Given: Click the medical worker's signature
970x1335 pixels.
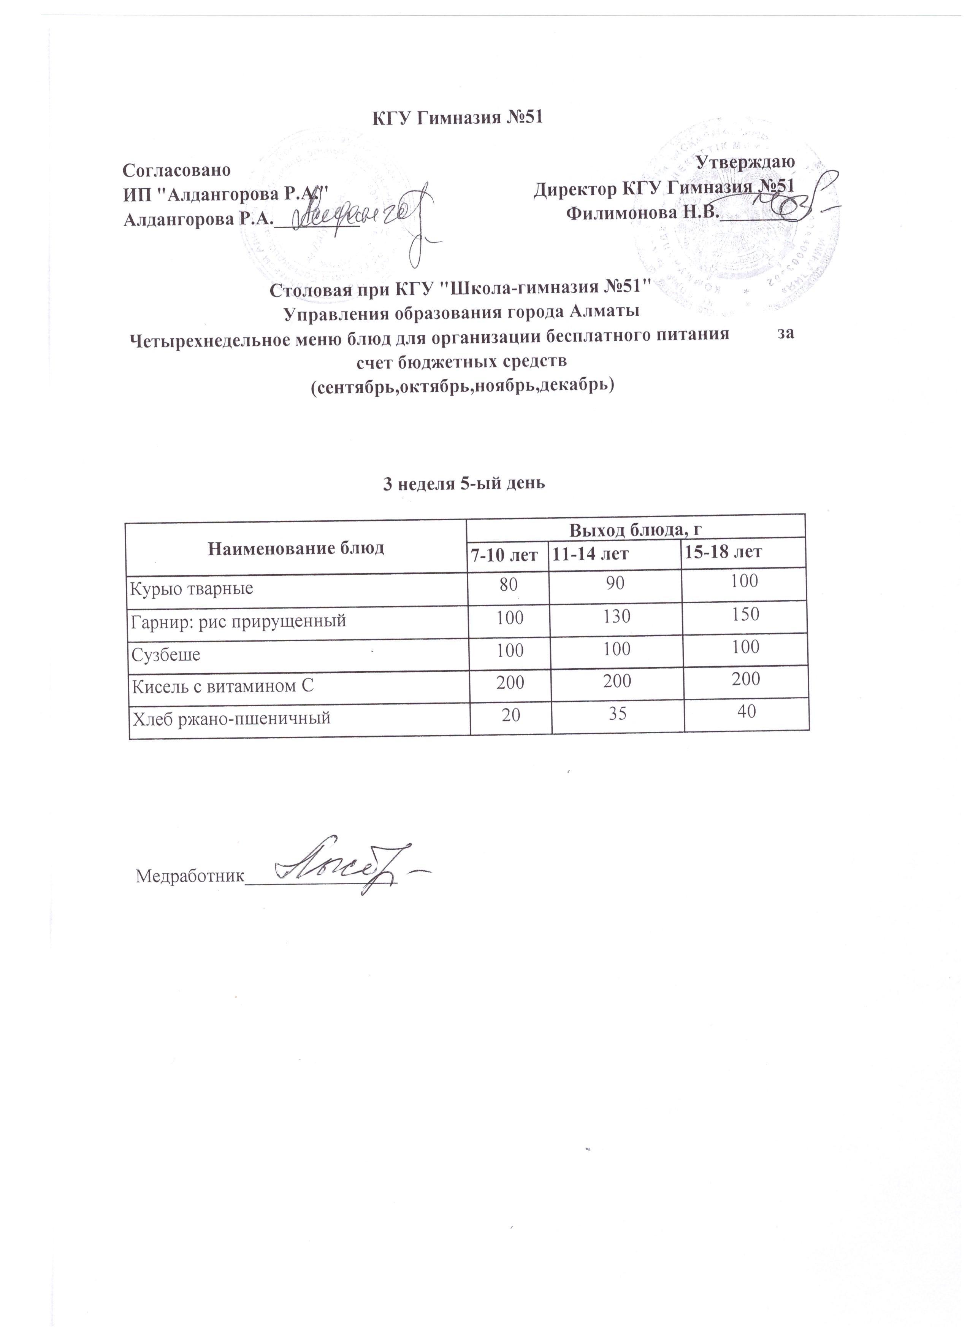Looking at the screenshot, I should tap(347, 868).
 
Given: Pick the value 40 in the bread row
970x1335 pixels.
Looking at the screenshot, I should tap(745, 711).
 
